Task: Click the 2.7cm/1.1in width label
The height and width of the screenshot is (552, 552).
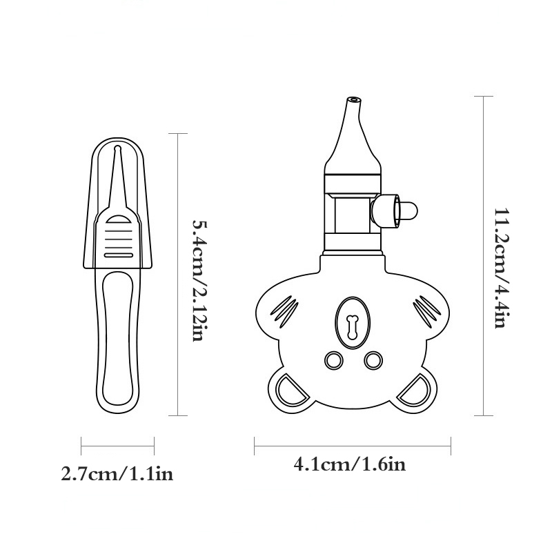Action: pyautogui.click(x=117, y=473)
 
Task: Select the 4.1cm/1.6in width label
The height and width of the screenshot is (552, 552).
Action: pyautogui.click(x=350, y=464)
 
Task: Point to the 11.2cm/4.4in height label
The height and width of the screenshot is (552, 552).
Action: pyautogui.click(x=502, y=268)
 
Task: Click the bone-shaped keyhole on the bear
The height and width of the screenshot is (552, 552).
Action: pyautogui.click(x=352, y=327)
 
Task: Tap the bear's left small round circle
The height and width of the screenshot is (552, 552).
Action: pyautogui.click(x=333, y=360)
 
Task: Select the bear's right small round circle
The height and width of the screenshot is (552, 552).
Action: pyautogui.click(x=373, y=360)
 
